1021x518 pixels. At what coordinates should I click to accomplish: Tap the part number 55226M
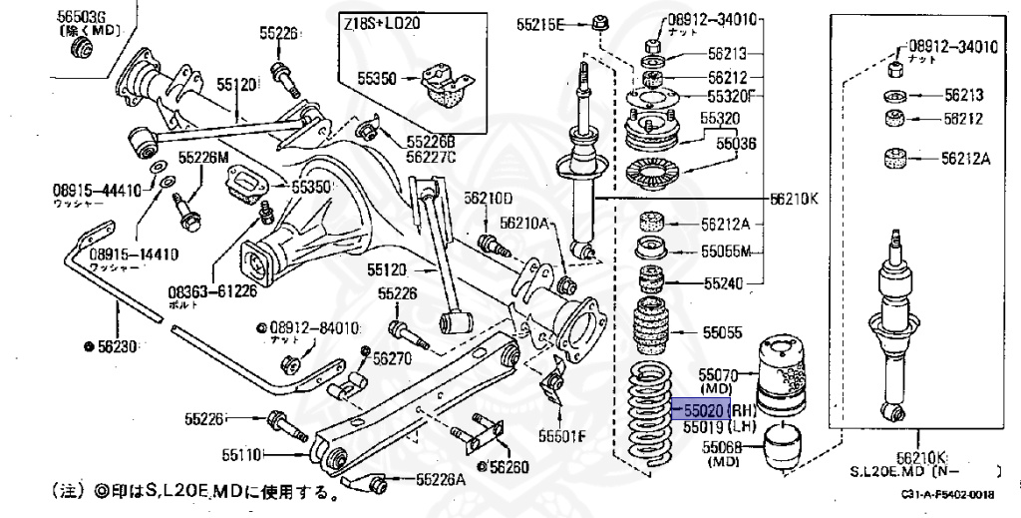[203, 157]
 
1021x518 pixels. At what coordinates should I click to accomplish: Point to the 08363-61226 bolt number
[212, 291]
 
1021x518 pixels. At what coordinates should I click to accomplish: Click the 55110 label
[241, 455]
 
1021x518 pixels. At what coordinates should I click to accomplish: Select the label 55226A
[441, 479]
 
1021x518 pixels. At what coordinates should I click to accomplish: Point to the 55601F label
[564, 435]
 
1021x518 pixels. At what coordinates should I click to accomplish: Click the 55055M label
[725, 251]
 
